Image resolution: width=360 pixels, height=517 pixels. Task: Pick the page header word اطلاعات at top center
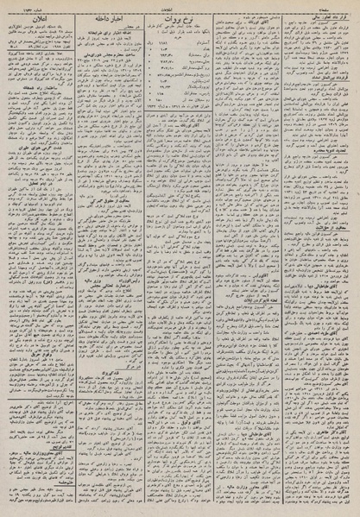(180, 4)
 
